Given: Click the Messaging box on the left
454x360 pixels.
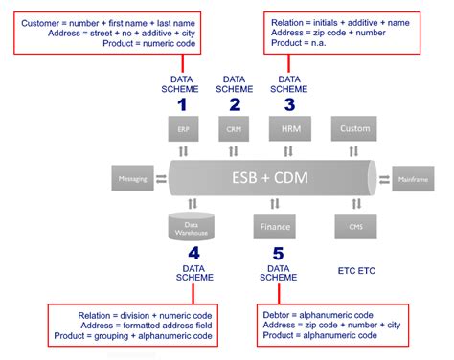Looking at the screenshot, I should coord(132,178).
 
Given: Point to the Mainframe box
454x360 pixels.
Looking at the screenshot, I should coord(415,178).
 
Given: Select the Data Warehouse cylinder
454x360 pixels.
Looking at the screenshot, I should coord(191,227).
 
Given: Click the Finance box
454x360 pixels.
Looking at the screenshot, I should coord(272,227).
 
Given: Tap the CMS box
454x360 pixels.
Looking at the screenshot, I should coord(354,227).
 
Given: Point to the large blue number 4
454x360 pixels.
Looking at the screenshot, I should coord(193,253).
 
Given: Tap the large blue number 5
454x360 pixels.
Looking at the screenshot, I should coord(278,253).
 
